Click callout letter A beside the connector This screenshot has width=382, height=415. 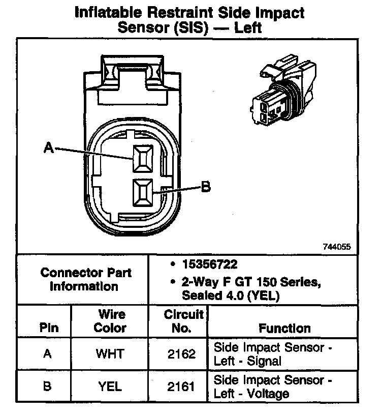49,147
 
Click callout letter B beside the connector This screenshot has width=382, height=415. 205,187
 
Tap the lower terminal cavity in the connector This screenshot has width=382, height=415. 142,193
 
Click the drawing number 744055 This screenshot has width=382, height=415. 336,246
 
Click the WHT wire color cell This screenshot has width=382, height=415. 110,354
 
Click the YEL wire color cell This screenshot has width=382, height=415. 110,387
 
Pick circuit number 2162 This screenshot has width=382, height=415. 181,354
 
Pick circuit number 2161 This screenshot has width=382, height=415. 181,387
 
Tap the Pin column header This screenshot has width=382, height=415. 48,328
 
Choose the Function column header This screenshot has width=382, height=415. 284,328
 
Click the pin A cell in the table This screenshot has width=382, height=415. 47,354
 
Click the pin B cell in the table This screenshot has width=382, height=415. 47,387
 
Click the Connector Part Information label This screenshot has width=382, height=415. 85,279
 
